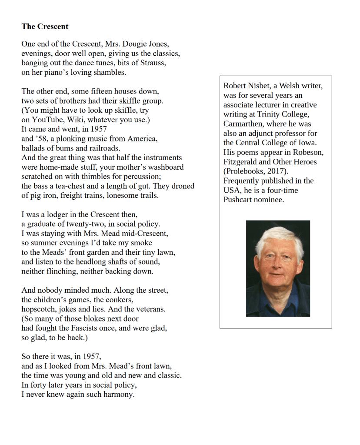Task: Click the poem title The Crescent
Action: (45, 27)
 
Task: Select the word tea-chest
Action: (70, 186)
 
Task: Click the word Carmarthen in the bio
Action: (243, 124)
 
